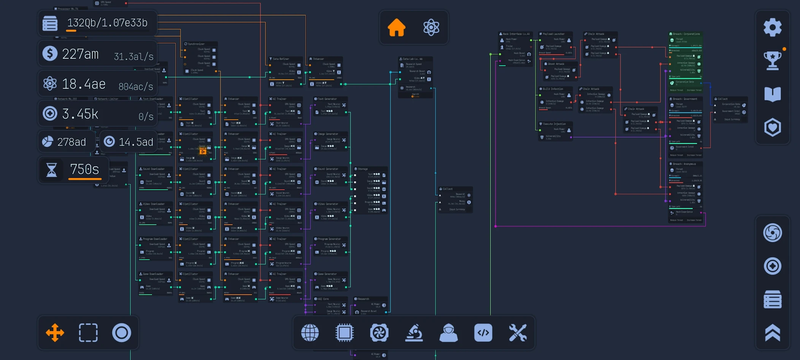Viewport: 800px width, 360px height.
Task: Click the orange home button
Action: pyautogui.click(x=396, y=28)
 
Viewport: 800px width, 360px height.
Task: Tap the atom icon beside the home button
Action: pyautogui.click(x=431, y=28)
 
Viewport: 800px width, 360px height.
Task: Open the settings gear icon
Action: pyautogui.click(x=772, y=28)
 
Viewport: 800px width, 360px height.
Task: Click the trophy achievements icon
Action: pyautogui.click(x=772, y=61)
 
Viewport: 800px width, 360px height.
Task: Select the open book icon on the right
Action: pyautogui.click(x=772, y=94)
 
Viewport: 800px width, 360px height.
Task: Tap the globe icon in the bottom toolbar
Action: pyautogui.click(x=310, y=332)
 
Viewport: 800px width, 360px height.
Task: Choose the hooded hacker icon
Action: pyautogui.click(x=448, y=332)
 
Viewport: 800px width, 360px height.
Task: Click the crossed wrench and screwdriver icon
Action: pyautogui.click(x=517, y=332)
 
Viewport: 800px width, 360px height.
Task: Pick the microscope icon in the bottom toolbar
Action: pyautogui.click(x=414, y=332)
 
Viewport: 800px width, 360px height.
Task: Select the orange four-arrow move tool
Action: pyautogui.click(x=55, y=332)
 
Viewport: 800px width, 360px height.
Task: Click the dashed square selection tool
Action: pyautogui.click(x=88, y=332)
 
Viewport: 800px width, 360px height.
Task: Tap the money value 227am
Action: pyautogui.click(x=80, y=55)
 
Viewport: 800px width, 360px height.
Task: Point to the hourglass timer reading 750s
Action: pyautogui.click(x=84, y=170)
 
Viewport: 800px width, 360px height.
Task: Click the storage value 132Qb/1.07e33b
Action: pyautogui.click(x=107, y=23)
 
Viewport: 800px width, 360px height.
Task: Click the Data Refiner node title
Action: pyautogui.click(x=281, y=59)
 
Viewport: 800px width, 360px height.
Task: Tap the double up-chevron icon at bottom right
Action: pyautogui.click(x=772, y=332)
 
